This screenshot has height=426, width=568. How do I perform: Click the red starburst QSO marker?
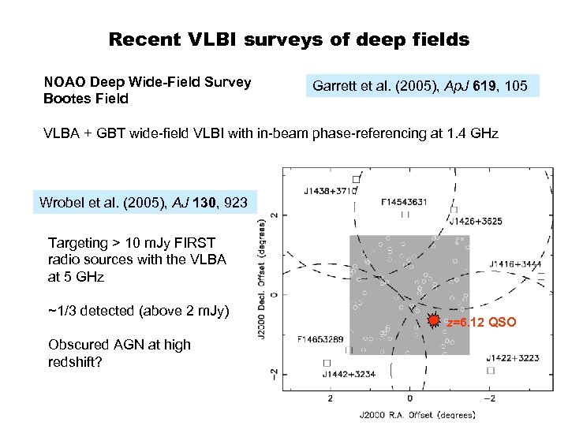[x=433, y=321]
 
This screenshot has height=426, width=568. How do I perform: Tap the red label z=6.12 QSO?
[x=481, y=323]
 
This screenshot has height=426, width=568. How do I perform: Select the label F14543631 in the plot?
[x=404, y=202]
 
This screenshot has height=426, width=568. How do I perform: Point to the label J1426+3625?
[x=479, y=222]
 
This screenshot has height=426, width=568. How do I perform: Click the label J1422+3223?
[x=514, y=357]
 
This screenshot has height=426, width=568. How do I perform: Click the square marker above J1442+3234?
[x=326, y=362]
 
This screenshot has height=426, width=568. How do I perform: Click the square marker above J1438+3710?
[x=356, y=179]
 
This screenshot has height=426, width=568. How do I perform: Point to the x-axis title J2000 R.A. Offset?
[x=417, y=414]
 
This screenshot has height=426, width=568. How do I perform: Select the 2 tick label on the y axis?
[x=274, y=215]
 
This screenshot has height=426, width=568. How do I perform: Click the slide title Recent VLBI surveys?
[x=289, y=39]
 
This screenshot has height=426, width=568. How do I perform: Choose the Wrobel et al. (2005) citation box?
[x=144, y=204]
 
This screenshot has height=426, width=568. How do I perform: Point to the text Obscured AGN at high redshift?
[x=119, y=353]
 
